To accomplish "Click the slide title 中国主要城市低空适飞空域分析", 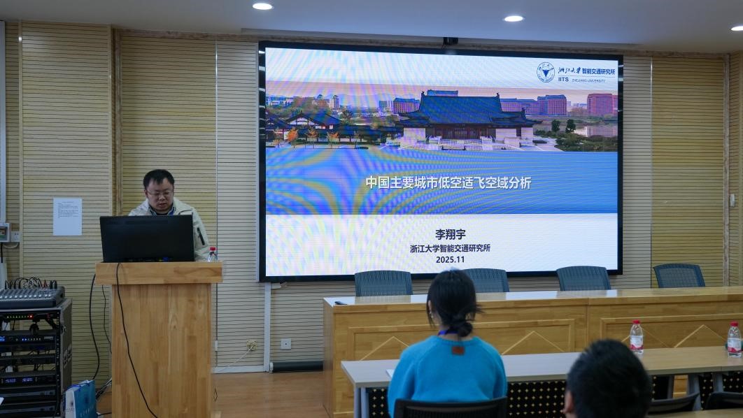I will (x=448, y=183).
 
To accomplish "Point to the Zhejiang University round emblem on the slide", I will (x=545, y=72).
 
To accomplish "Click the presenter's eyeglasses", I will (x=160, y=193).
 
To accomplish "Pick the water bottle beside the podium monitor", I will (x=212, y=254).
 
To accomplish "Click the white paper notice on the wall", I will (x=67, y=216).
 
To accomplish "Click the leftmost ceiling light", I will (x=262, y=6).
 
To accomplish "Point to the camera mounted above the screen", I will (x=450, y=41).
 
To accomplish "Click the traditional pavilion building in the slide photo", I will (x=465, y=119).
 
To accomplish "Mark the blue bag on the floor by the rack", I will (x=80, y=399).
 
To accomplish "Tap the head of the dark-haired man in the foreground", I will (x=607, y=381).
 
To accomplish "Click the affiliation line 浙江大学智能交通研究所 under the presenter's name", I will (x=450, y=247).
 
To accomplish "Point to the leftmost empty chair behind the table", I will (x=383, y=283).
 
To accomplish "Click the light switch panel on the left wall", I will (x=6, y=233).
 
